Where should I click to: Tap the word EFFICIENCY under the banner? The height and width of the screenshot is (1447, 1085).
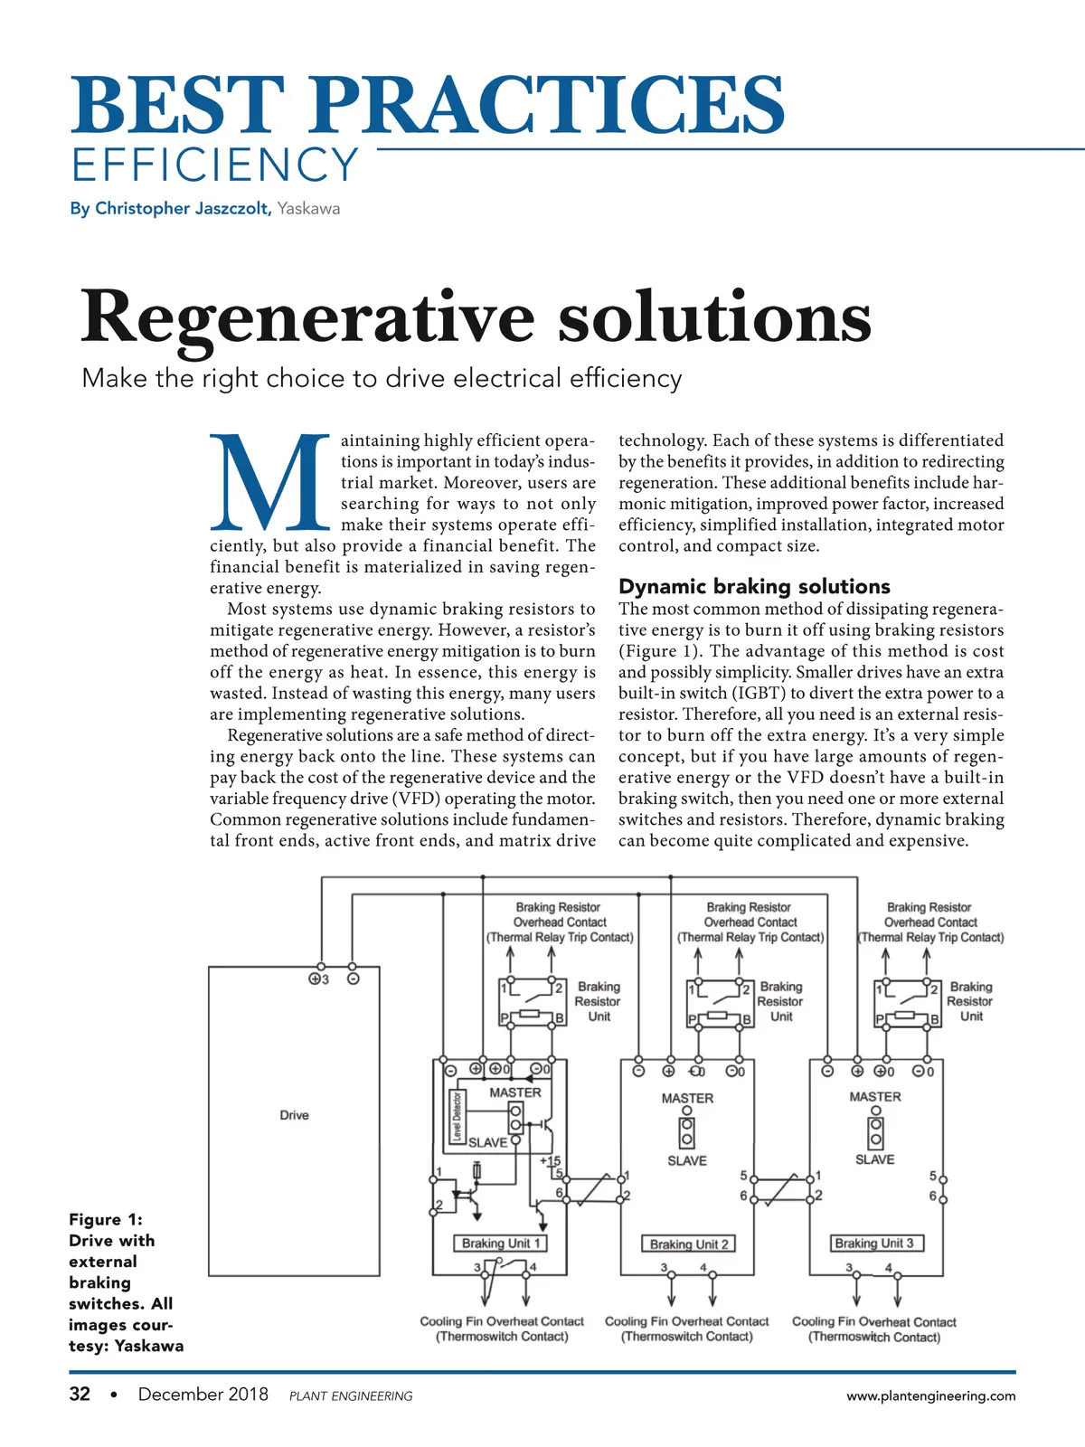tap(215, 166)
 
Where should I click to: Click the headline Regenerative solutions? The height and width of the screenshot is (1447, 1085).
tap(476, 317)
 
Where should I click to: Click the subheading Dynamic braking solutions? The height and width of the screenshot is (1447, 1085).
tap(754, 586)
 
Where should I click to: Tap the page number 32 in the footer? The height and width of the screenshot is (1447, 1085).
tap(80, 1394)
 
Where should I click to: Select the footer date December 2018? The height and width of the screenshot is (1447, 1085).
tap(203, 1394)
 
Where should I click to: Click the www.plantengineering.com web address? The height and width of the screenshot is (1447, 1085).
tap(930, 1395)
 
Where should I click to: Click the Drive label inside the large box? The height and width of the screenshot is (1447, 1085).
tap(294, 1115)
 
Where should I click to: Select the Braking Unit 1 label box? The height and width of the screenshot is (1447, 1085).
tap(500, 1244)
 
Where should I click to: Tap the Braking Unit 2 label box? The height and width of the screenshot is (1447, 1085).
tap(688, 1244)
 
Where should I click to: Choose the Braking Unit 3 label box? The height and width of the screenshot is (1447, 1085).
tap(874, 1244)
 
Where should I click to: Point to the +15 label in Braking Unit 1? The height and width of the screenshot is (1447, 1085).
tap(550, 1160)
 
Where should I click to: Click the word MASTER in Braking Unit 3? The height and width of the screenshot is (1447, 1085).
tap(874, 1096)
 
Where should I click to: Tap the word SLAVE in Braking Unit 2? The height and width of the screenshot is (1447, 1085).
tap(686, 1160)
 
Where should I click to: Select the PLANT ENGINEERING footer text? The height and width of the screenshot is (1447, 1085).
tap(351, 1396)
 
